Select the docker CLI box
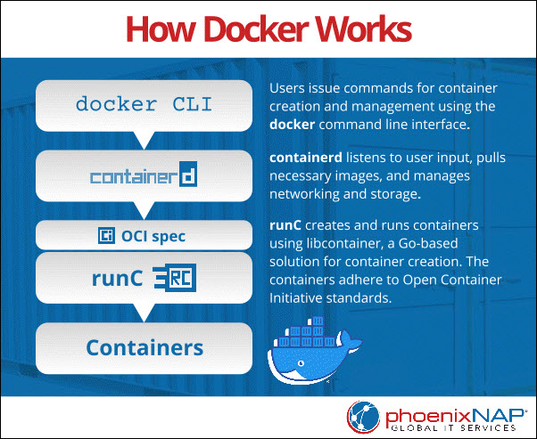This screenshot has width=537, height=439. pos(144,103)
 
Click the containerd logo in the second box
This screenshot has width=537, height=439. pos(144,176)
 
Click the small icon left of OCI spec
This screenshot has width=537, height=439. pos(106,236)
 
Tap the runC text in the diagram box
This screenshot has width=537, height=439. pos(116,280)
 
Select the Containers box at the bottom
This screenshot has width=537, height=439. pos(144,346)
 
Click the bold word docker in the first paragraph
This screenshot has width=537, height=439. pos(292,125)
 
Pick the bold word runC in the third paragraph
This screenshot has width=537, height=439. pos(286,226)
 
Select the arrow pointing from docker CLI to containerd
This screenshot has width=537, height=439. pos(144,139)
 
